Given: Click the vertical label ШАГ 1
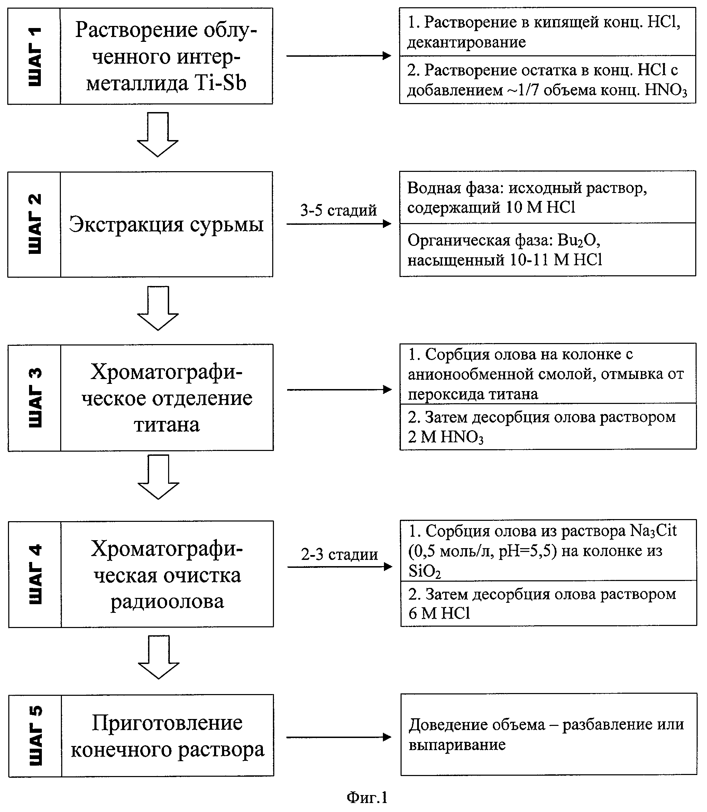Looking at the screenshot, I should click(34, 56).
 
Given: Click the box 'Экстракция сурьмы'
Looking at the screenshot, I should click(166, 224).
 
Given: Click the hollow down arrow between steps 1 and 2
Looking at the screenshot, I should click(158, 135).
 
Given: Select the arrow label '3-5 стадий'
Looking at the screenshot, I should click(338, 210).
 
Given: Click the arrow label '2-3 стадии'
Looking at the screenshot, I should click(339, 554).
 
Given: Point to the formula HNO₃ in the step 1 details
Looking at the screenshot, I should click(665, 91).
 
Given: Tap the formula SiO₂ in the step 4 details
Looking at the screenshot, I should click(424, 571).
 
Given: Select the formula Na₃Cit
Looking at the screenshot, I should click(653, 530).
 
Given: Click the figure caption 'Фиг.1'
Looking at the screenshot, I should click(367, 797).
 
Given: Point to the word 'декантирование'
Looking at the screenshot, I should click(466, 42).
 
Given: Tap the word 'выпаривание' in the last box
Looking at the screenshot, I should click(457, 745).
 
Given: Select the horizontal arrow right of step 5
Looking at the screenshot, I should click(339, 737).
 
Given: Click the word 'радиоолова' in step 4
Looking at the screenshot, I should click(167, 601).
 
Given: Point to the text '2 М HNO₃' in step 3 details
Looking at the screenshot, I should click(446, 437).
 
